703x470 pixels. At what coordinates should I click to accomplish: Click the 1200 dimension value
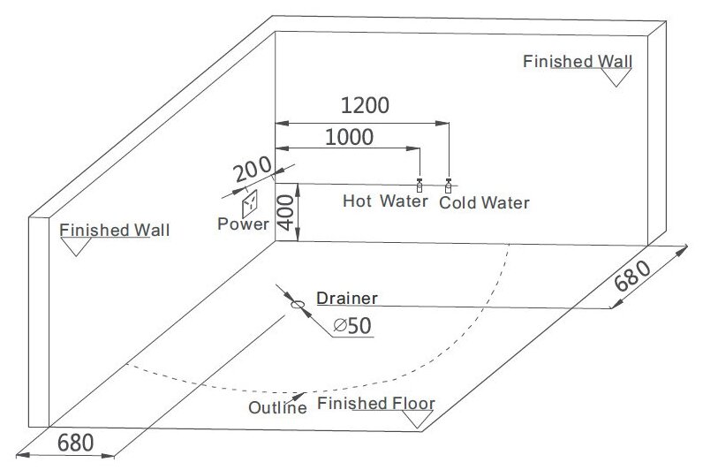365,106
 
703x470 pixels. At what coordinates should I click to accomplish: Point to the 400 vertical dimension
284,212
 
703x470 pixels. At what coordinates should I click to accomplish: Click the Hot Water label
378,201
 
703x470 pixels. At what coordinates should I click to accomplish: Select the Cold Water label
484,202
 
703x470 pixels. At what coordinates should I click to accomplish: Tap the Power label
243,224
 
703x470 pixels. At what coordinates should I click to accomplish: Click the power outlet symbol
250,201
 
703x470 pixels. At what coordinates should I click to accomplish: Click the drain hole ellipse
298,306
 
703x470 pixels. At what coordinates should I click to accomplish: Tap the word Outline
277,407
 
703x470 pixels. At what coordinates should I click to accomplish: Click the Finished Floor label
376,405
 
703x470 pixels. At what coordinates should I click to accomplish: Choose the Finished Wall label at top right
578,62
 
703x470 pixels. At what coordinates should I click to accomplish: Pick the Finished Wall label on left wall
115,231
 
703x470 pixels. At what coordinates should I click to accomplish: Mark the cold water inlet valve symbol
449,185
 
